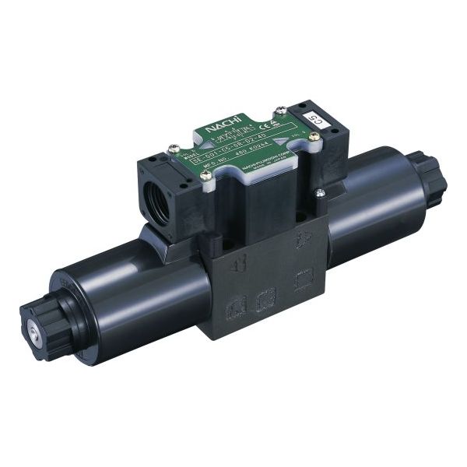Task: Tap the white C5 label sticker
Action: pyautogui.click(x=313, y=118)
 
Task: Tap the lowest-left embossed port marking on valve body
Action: pyautogui.click(x=231, y=311)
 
